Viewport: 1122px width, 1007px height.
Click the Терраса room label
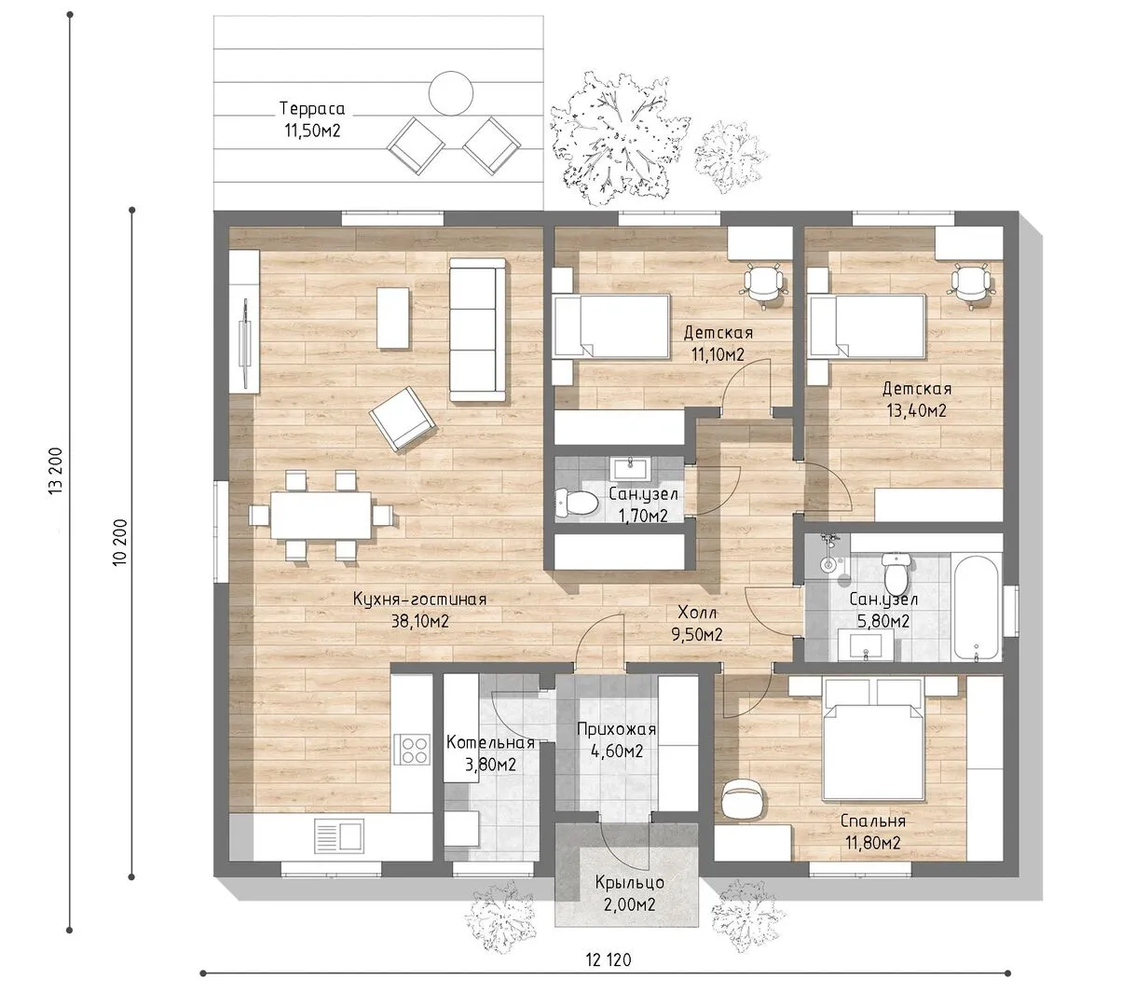point(312,108)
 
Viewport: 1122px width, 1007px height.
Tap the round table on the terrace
point(451,93)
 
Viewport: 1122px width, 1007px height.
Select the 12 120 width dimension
point(609,959)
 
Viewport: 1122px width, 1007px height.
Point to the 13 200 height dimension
point(56,471)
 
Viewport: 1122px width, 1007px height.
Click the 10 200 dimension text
point(120,542)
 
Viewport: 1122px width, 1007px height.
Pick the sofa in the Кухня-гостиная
point(477,329)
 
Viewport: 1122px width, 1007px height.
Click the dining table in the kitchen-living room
point(321,515)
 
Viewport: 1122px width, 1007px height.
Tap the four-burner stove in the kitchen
point(412,750)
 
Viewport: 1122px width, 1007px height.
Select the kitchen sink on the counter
point(339,836)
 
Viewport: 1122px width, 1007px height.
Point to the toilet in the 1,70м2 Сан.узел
point(577,503)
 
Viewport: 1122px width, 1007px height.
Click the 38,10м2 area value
point(419,621)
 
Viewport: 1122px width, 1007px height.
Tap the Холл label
point(697,613)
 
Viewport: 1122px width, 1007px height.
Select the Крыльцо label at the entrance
point(629,882)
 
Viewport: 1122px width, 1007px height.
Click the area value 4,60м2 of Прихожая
point(616,751)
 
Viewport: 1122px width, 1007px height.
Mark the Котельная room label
point(490,742)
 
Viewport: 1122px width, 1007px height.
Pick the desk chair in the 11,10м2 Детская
point(764,284)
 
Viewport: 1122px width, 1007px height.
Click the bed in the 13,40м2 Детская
point(866,326)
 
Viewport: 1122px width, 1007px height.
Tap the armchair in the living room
point(402,419)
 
